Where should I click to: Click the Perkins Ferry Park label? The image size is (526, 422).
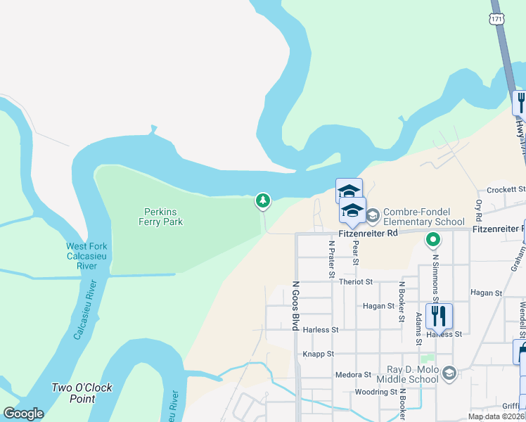click(163, 216)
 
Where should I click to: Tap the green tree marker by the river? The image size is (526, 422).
click(262, 202)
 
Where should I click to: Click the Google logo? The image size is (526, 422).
click(23, 414)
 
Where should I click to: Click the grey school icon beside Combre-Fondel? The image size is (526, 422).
click(373, 214)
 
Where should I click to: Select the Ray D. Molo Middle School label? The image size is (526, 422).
click(413, 374)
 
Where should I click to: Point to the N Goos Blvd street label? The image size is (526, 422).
click(295, 308)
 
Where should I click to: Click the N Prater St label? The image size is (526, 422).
click(331, 258)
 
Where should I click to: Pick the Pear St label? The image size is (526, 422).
click(356, 251)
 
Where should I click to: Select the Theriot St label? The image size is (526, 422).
click(355, 281)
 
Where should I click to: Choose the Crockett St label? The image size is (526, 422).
click(506, 190)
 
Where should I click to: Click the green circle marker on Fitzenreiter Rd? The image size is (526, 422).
click(433, 241)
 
